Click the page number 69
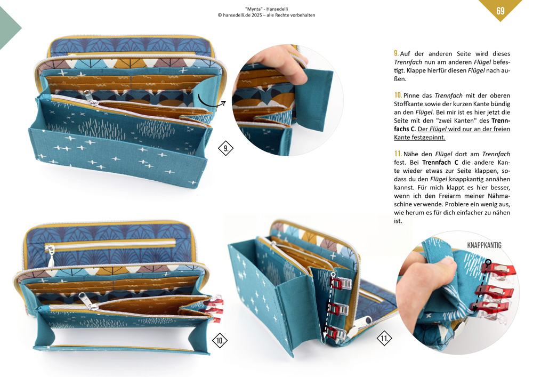(500, 11)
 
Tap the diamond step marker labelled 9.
(225, 148)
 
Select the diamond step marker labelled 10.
(220, 340)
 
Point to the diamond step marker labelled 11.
(384, 338)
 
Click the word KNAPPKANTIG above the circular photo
(484, 245)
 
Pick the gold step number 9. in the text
(397, 53)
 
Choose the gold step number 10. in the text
(398, 95)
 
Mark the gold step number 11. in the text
(398, 154)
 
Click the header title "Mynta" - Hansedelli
(266, 9)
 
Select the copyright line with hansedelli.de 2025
(266, 15)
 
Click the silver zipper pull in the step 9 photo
(90, 98)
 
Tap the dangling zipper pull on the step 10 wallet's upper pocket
(51, 256)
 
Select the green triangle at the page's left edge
(10, 28)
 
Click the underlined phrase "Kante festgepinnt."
(419, 138)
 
